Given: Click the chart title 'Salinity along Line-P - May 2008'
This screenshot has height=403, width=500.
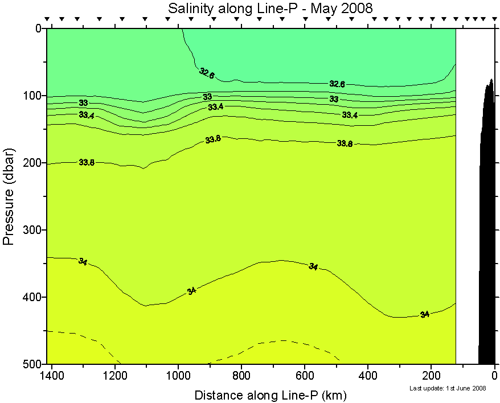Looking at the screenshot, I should (270, 9).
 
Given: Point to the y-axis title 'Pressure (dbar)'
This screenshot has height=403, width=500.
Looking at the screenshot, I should (9, 196).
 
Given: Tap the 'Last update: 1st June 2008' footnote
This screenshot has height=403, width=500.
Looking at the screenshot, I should (448, 388).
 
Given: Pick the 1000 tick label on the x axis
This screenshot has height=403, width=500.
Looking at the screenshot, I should (179, 376).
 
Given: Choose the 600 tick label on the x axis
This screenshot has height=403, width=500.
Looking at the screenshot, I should (305, 376).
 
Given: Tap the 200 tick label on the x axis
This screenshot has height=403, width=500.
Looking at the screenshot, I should (432, 376).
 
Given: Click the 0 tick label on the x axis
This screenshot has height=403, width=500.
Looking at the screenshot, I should (495, 376).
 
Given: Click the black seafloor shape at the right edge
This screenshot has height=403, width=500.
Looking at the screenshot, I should (487, 228).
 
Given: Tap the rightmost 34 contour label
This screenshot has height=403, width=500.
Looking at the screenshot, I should (424, 314).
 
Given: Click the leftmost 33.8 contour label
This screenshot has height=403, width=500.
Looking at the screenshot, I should (87, 163).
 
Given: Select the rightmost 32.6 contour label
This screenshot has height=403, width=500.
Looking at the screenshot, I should (337, 84).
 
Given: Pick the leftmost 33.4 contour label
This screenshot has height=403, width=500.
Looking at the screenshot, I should (87, 116).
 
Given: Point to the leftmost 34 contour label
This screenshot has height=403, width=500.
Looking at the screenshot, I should (83, 262).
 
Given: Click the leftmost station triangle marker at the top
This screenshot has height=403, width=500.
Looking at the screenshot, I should (47, 19).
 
